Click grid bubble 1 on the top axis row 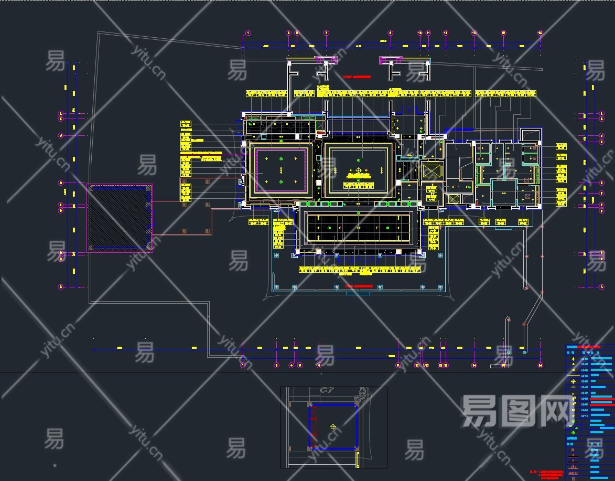click(x=247, y=33)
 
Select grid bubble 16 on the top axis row click(x=540, y=33)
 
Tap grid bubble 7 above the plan click(x=326, y=33)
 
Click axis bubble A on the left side click(x=60, y=287)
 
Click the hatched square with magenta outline click(x=120, y=218)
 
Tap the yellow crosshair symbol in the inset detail click(x=332, y=427)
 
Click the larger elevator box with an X click(x=432, y=172)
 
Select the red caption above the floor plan click(x=357, y=77)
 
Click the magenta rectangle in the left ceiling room click(x=281, y=170)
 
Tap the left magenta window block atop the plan click(x=325, y=60)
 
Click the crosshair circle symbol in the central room click(x=359, y=170)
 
